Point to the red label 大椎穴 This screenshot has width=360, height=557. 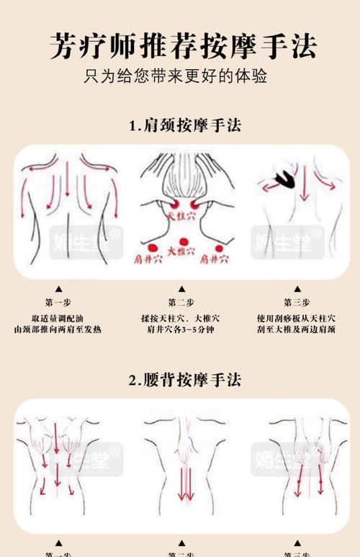pyautogui.click(x=181, y=251)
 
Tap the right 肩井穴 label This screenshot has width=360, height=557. pyautogui.click(x=214, y=258)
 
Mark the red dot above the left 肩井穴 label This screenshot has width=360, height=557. pyautogui.click(x=152, y=248)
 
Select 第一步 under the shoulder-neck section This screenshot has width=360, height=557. pyautogui.click(x=58, y=303)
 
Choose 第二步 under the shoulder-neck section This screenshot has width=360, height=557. pyautogui.click(x=181, y=303)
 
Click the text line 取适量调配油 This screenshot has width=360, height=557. pyautogui.click(x=58, y=318)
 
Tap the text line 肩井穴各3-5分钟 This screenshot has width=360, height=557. pyautogui.click(x=181, y=330)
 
